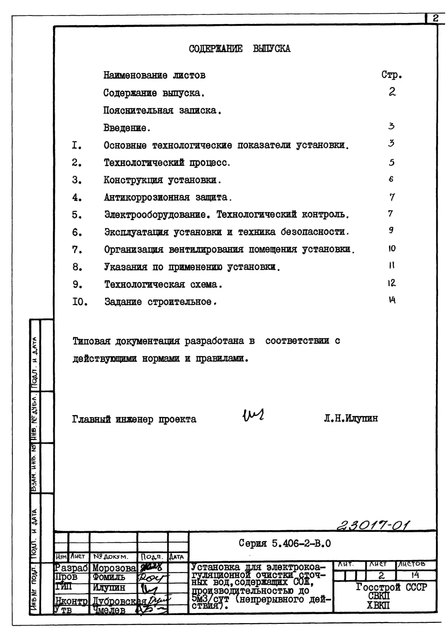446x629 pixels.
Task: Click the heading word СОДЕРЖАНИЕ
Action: click(216, 49)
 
